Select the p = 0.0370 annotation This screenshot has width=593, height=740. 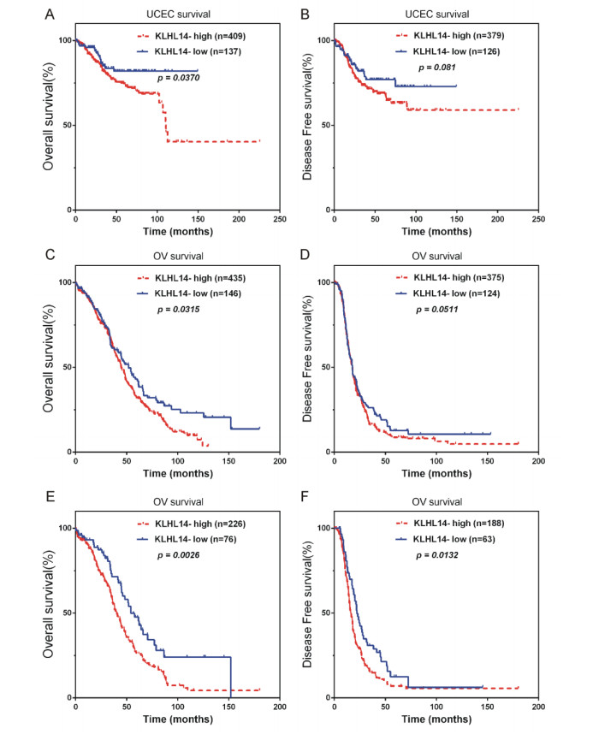point(182,78)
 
